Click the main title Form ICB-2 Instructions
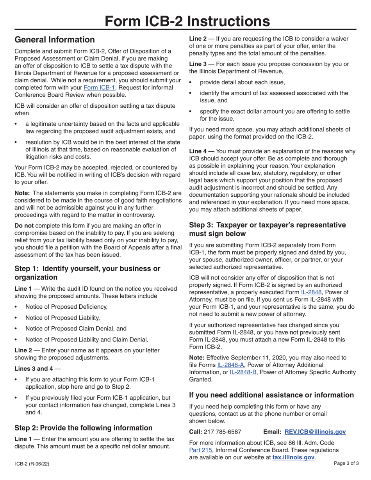(x=186, y=20)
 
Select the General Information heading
(x=54, y=40)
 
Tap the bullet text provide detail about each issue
(x=242, y=82)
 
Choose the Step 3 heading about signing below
(x=267, y=229)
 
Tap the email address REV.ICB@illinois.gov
(x=315, y=432)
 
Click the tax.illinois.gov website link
(x=293, y=457)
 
